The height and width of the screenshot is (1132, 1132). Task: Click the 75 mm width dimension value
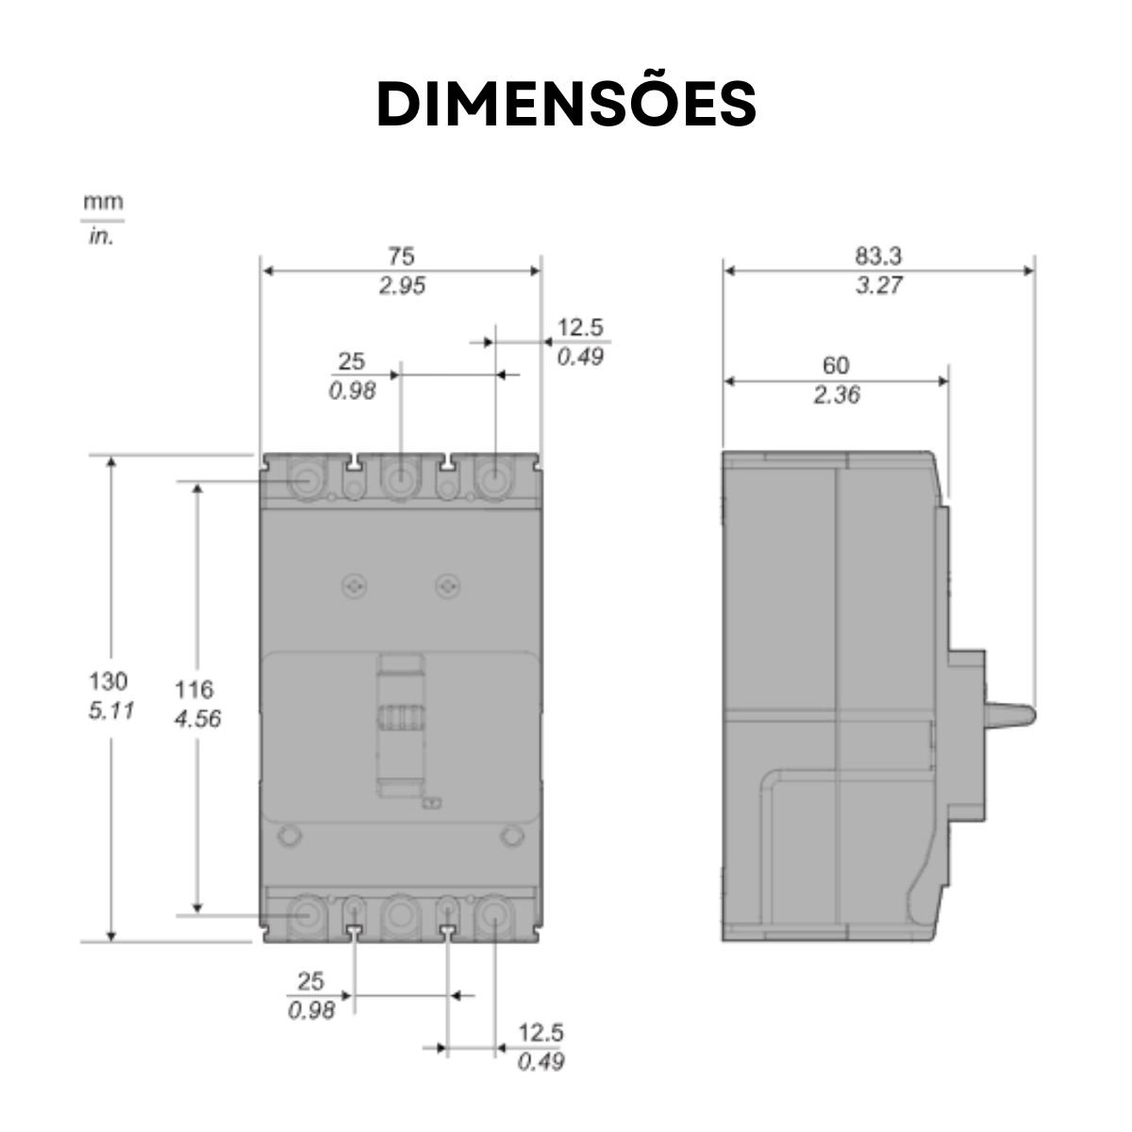tap(401, 257)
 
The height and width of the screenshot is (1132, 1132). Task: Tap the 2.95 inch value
tap(402, 286)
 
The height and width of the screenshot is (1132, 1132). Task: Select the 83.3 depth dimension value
tap(877, 257)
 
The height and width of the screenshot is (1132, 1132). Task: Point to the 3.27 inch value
tap(879, 286)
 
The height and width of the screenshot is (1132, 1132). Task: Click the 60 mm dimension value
tap(836, 366)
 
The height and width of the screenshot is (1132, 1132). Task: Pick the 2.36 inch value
tap(837, 395)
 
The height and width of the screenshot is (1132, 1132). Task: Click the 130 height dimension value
tap(108, 681)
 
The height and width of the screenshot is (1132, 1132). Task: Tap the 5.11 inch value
tap(111, 711)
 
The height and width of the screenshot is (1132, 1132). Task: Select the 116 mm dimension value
tap(194, 690)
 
